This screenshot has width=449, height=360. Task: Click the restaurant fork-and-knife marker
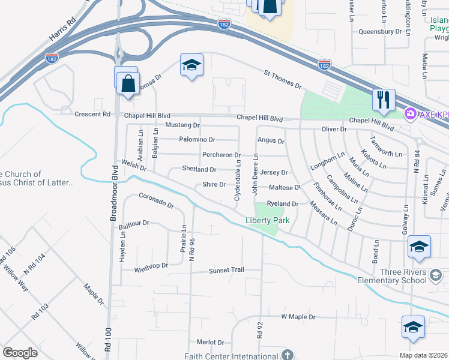coord(383,100)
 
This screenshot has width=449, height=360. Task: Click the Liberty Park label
coord(268,220)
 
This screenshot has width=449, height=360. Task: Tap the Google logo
coord(20,352)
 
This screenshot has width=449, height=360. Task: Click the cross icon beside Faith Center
coord(287,355)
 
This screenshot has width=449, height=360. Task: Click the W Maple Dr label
coord(298,316)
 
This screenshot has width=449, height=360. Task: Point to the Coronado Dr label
coord(156,200)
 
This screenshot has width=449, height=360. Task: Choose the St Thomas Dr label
coord(282,79)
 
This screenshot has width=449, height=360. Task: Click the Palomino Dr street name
coord(198,140)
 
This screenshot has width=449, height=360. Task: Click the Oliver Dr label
coord(334,129)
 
